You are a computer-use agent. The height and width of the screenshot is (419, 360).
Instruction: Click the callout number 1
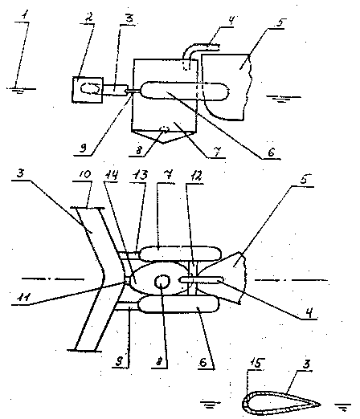coord(25,17)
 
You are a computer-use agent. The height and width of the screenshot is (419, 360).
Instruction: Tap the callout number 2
coord(89,18)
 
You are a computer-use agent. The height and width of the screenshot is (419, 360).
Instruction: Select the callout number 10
coord(85,174)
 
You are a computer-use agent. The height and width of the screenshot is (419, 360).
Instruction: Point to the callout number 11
coord(24,297)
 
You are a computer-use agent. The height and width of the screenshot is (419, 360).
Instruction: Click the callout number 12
coord(196,177)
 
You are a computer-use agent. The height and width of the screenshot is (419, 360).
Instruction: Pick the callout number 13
coord(140,176)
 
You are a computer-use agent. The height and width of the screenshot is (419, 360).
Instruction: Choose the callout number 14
coord(112,175)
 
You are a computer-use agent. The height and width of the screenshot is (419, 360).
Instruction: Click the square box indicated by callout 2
coord(88,90)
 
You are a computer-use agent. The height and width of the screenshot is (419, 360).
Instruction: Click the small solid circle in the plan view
coord(162,282)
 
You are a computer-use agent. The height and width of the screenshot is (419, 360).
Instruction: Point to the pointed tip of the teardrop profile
coord(321,405)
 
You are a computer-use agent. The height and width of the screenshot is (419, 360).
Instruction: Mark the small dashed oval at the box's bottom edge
coord(165,129)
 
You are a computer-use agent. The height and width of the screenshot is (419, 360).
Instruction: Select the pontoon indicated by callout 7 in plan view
coord(180,254)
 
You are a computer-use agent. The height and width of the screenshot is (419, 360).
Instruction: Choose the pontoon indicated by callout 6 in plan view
coord(178,304)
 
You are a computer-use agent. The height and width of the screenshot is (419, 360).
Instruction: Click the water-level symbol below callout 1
coord(20,90)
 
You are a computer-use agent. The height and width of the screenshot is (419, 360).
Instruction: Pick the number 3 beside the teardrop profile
coord(306,364)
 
